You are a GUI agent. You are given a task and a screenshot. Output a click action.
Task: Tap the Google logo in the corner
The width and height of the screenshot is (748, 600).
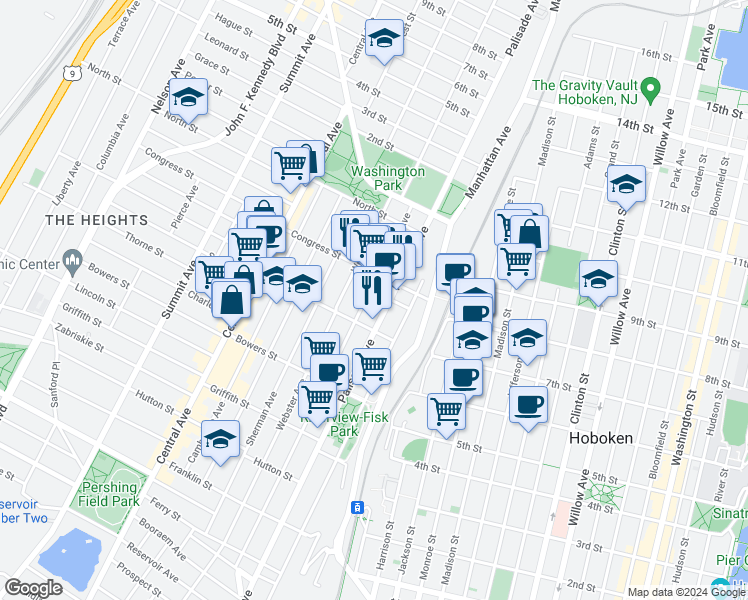[34, 587]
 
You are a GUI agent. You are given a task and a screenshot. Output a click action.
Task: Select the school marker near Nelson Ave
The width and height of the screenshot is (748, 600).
[186, 98]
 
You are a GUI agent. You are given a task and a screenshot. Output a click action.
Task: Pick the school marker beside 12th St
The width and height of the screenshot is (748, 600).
[626, 184]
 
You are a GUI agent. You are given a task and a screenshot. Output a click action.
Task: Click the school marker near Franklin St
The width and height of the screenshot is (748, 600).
[220, 439]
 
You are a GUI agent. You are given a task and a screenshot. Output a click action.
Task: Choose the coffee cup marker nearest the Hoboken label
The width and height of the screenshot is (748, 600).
[528, 405]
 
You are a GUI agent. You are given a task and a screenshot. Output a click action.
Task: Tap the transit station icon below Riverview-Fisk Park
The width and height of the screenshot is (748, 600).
[355, 509]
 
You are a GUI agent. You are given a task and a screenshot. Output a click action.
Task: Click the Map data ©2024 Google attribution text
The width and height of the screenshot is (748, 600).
[687, 592]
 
